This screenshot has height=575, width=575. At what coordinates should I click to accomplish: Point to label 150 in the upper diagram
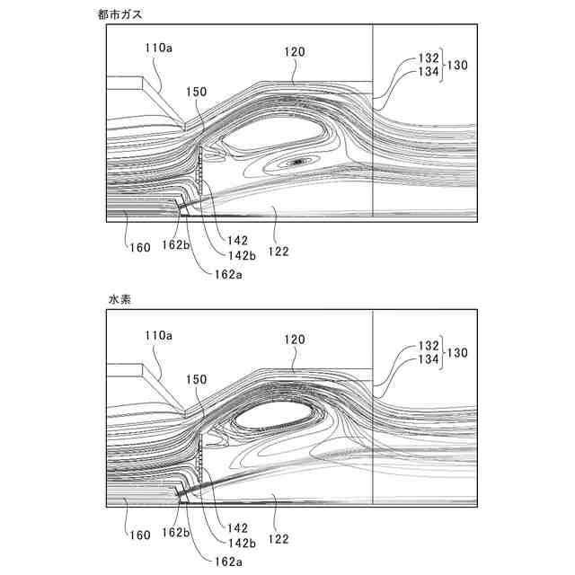(198, 92)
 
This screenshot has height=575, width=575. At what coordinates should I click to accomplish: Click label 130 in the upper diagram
(460, 65)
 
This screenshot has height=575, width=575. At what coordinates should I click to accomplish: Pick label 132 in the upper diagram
(428, 57)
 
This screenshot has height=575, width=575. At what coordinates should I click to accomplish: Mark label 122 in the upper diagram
(278, 251)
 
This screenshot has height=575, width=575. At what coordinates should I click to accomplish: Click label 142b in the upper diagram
(238, 255)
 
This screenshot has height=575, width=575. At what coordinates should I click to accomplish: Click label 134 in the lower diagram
(428, 358)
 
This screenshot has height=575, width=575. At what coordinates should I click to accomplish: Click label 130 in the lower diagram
(460, 351)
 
